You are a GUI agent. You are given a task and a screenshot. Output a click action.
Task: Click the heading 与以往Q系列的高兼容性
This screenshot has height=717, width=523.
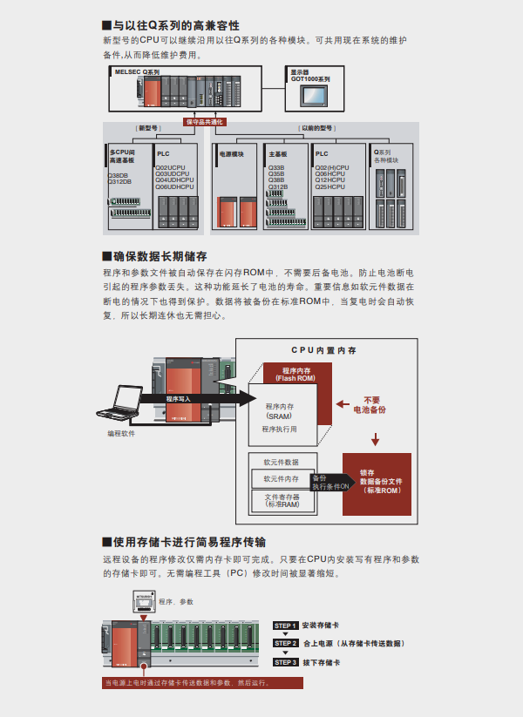click(x=175, y=25)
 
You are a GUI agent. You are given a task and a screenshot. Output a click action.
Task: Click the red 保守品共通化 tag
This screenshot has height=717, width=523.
click(x=205, y=122)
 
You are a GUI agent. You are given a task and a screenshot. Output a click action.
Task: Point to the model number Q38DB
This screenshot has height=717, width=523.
click(x=119, y=175)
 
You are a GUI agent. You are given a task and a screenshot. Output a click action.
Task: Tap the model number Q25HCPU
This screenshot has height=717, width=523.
click(x=332, y=186)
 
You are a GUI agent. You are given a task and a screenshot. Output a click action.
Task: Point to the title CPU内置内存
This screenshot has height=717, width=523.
click(x=323, y=350)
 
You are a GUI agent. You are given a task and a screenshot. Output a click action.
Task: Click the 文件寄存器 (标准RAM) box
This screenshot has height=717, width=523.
click(x=281, y=501)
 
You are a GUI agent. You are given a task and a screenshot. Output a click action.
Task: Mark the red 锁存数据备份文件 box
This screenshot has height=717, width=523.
click(x=381, y=481)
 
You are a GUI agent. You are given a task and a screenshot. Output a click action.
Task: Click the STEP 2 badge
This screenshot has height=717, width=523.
click(x=286, y=643)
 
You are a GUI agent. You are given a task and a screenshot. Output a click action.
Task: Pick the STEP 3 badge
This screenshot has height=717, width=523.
click(x=286, y=662)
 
